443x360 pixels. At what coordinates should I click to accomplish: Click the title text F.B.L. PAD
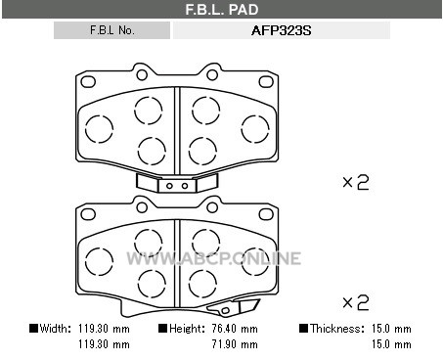222,10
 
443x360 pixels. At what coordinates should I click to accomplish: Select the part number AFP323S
282,30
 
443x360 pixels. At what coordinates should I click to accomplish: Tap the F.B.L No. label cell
111,30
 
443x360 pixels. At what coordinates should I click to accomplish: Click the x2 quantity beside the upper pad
356,183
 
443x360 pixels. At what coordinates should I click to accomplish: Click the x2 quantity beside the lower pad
356,302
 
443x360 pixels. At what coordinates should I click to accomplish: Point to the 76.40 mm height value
235,329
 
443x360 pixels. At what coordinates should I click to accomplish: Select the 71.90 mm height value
235,344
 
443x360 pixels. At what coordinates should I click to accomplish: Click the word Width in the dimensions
55,329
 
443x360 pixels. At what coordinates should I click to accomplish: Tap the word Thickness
336,329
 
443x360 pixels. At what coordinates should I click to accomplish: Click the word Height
187,329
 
